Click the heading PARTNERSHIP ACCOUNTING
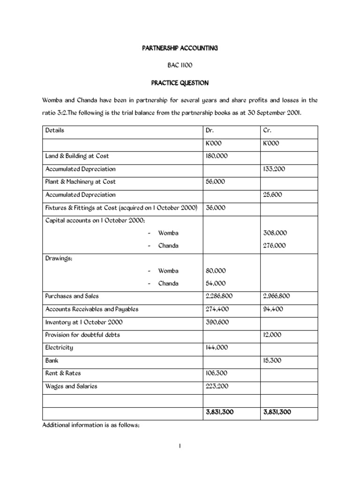point(180,48)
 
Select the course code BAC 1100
point(180,66)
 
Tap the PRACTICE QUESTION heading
point(180,83)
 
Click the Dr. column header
point(210,130)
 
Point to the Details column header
point(55,130)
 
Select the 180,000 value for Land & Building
point(217,156)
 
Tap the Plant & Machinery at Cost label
point(80,181)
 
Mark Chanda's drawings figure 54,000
point(216,283)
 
